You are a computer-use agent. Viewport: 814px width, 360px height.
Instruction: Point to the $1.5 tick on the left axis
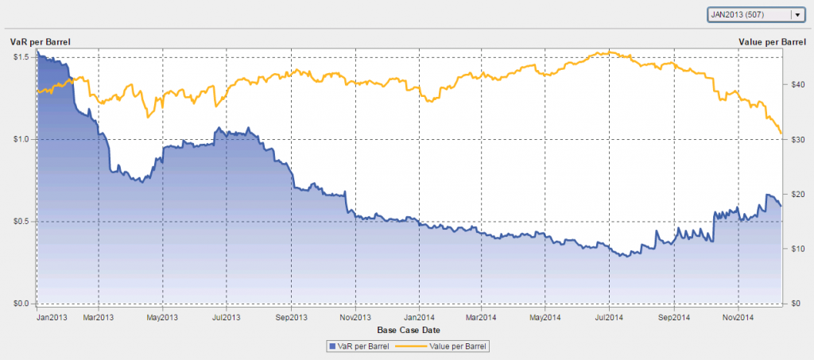[x=21, y=57]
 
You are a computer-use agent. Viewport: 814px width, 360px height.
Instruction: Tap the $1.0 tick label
[x=21, y=139]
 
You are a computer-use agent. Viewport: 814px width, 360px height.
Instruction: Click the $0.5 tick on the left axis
[x=21, y=221]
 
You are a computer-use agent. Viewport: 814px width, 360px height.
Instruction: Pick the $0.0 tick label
[x=21, y=304]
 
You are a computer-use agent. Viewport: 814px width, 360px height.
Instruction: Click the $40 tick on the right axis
[x=796, y=85]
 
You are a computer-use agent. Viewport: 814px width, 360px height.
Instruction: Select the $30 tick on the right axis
[x=796, y=139]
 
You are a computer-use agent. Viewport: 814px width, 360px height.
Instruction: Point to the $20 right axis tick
[x=796, y=194]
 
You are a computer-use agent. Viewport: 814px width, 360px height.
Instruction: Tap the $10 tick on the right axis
[x=796, y=249]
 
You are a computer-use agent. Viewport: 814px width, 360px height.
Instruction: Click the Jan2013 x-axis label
[x=52, y=317]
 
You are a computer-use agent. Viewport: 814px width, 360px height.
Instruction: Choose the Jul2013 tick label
[x=226, y=317]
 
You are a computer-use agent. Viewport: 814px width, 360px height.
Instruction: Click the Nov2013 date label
[x=355, y=317]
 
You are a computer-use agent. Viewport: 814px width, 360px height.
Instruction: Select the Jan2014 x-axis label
[x=418, y=317]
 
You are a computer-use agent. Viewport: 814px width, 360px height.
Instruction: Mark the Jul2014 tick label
[x=609, y=317]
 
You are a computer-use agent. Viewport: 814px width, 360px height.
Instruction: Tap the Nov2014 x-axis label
[x=738, y=317]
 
